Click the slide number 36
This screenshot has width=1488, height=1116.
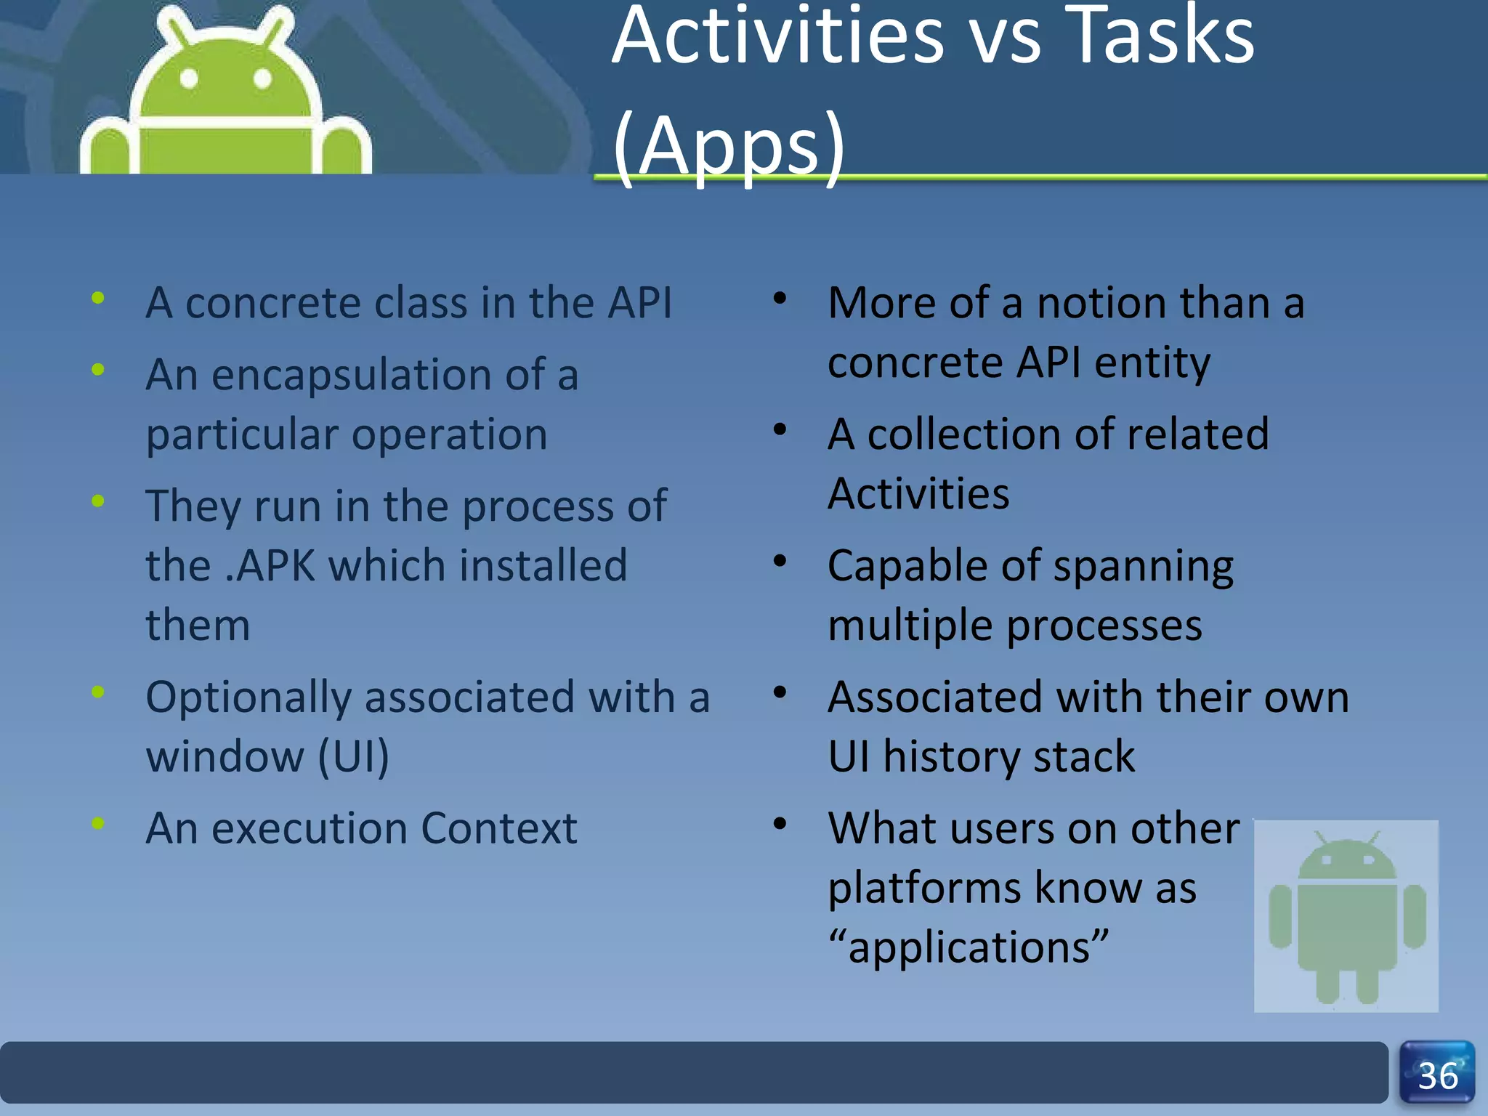click(1437, 1075)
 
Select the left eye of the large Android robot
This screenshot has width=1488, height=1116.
click(189, 78)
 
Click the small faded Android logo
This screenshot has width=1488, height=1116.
click(1346, 915)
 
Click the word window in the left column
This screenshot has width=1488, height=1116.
click(225, 756)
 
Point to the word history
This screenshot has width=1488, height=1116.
click(952, 756)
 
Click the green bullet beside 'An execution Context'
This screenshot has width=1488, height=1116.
click(98, 823)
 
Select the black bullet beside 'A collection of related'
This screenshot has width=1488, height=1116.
click(780, 429)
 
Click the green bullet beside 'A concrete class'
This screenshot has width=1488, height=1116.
click(98, 297)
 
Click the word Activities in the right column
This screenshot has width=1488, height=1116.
click(918, 494)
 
